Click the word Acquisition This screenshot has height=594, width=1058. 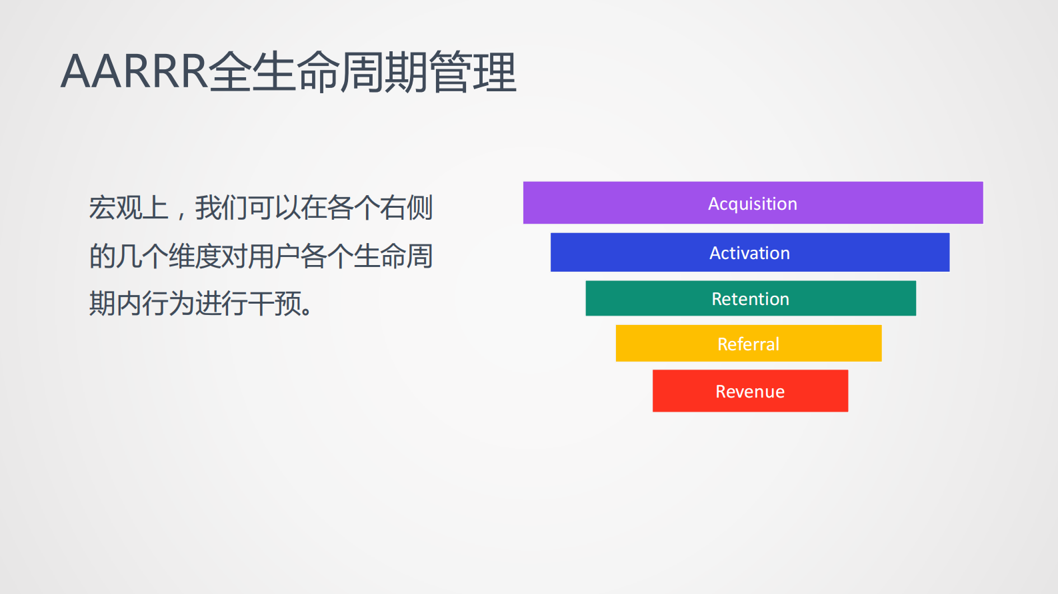(x=752, y=204)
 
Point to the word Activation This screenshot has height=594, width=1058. (x=749, y=253)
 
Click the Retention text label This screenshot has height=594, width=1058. (x=750, y=299)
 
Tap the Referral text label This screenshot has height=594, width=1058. (x=748, y=344)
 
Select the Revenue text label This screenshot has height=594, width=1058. (x=750, y=392)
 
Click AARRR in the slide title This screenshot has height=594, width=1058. (x=133, y=71)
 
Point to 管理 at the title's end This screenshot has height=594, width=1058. (x=473, y=71)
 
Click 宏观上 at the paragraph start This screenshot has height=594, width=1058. (x=128, y=208)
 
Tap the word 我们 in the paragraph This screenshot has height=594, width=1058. (x=221, y=208)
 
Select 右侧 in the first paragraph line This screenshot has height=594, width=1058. (x=406, y=208)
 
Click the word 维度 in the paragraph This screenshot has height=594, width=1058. (x=195, y=256)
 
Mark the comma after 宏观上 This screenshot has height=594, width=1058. (x=180, y=213)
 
